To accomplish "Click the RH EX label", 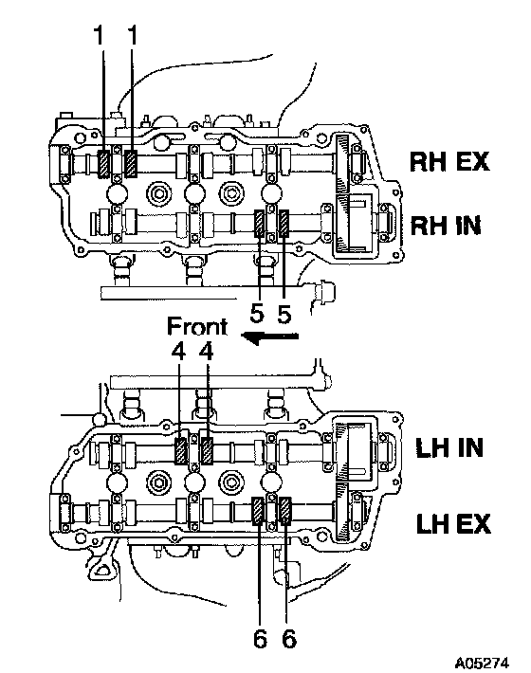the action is coord(449,162).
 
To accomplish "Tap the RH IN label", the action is coord(446,226).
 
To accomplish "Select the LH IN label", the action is coord(449,447).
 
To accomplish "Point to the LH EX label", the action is coord(453,523).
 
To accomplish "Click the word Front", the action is coord(197,326).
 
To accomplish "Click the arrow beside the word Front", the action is coord(269,336).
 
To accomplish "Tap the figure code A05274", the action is coord(482,663).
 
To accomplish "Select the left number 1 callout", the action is coord(100,35).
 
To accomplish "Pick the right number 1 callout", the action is coord(133,35).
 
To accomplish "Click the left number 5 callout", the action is coord(257,314).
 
